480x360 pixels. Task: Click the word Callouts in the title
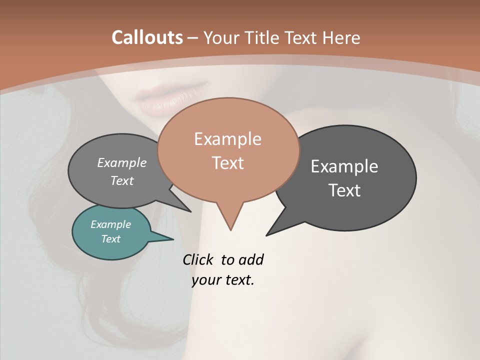147,37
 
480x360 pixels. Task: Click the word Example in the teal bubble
110,224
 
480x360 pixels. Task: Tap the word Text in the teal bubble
110,239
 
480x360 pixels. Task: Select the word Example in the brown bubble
227,139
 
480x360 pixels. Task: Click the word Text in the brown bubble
227,163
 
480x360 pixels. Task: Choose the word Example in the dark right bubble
344,166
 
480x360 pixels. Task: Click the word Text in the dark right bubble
344,190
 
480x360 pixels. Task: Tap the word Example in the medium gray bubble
121,163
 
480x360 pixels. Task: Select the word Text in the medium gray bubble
121,180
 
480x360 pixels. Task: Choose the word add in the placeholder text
250,260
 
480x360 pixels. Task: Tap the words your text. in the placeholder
223,280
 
